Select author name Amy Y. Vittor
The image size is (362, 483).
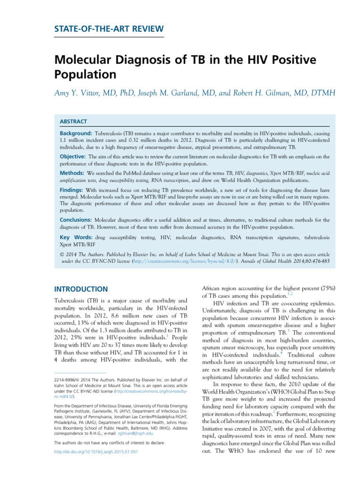[x=81, y=93]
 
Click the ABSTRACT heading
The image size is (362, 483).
[x=73, y=121]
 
